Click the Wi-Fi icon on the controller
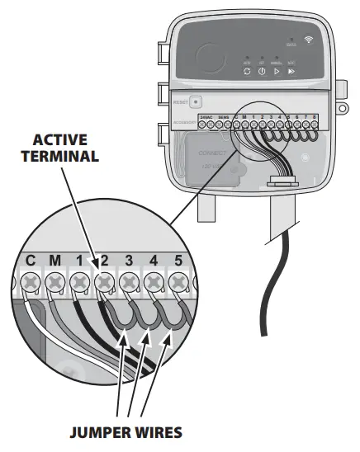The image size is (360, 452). pos(308,39)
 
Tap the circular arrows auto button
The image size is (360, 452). pos(246,72)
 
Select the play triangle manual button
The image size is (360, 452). pos(277,72)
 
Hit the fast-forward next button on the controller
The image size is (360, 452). pos(291,72)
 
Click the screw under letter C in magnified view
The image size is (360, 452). pos(31,282)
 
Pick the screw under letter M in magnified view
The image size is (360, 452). pos(55,282)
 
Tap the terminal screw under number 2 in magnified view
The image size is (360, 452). pos(105,282)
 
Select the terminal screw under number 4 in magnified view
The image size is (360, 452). pos(154,282)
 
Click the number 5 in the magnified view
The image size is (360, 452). pos(177,261)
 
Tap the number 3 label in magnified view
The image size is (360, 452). pos(129,261)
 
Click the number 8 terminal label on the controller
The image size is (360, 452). pos(316,117)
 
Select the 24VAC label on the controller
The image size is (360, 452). pos(207,118)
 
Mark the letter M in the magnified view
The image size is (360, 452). pos(55,261)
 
